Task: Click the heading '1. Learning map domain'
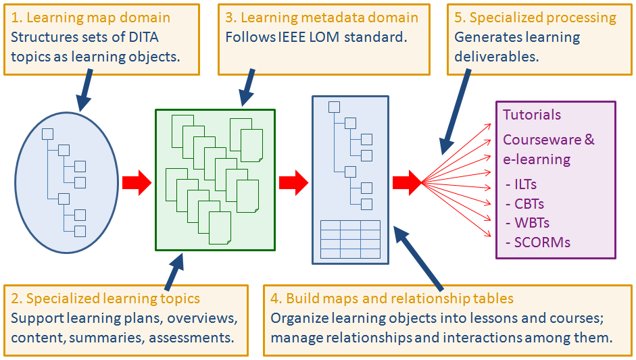91,18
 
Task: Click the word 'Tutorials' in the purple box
532,115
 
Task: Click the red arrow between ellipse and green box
137,182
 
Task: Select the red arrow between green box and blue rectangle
293,182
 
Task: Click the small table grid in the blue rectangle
350,239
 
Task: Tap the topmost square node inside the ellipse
48,134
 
